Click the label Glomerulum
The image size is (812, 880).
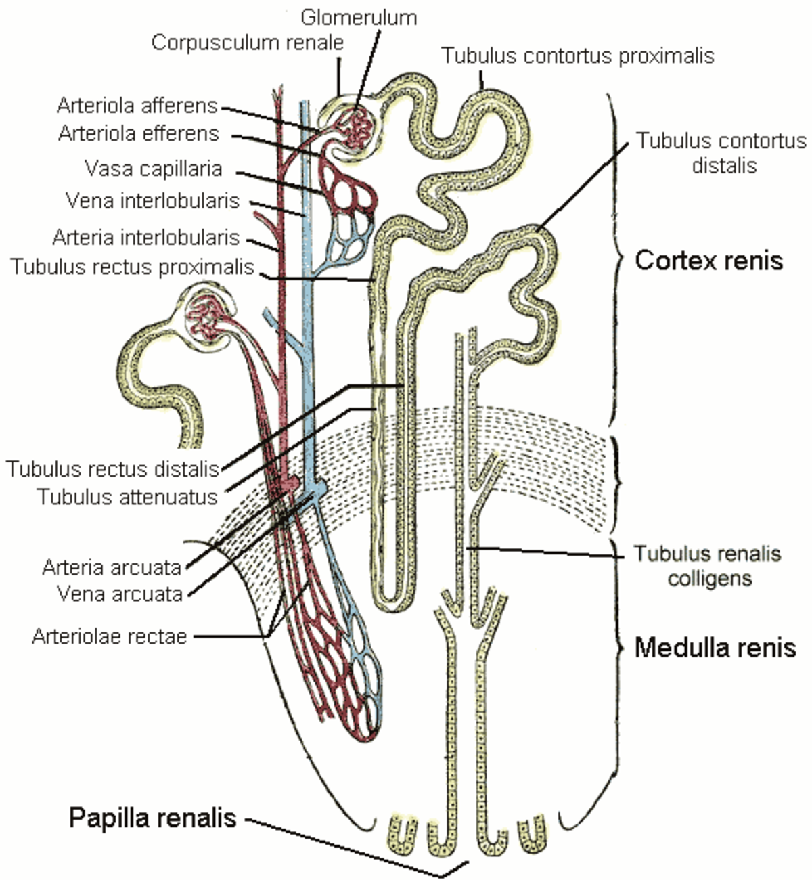[x=359, y=18]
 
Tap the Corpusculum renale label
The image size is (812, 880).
[x=248, y=43]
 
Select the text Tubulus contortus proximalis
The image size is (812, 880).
[x=578, y=56]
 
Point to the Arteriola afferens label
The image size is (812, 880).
[x=137, y=106]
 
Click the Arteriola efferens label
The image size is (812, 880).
[x=139, y=133]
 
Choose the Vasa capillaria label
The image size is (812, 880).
[x=154, y=169]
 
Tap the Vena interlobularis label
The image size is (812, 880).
[x=152, y=201]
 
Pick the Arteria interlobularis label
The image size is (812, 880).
[x=146, y=238]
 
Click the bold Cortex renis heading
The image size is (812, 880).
[x=708, y=260]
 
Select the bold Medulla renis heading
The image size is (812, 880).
[x=715, y=647]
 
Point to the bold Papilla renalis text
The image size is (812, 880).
[x=153, y=818]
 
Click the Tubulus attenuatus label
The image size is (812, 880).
[x=128, y=497]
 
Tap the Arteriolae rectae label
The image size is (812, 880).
[x=110, y=637]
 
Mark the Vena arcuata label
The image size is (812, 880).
[x=120, y=594]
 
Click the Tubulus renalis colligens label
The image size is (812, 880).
[x=707, y=566]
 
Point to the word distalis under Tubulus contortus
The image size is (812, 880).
[x=724, y=166]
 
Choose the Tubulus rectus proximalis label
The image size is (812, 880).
[x=132, y=267]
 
